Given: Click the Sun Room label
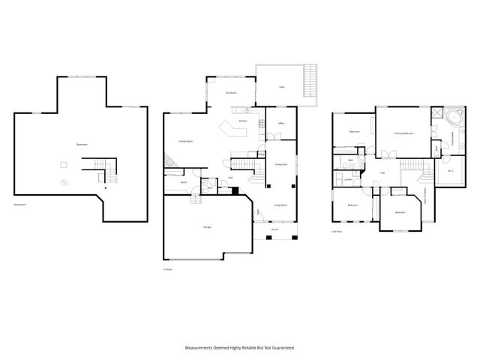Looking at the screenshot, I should coord(232,92).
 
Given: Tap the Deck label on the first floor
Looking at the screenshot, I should coord(281,87).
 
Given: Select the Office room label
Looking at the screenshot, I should coord(280,123).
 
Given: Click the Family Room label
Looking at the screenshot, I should coord(185,141).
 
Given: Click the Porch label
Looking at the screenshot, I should coord(275,229).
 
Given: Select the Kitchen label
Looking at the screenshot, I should coord(243,121).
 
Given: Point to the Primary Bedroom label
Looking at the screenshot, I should coord(404,133).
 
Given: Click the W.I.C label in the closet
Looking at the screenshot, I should coord(451,170).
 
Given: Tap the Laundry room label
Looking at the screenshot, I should coord(348,180).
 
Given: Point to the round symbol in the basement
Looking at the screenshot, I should coord(65,181).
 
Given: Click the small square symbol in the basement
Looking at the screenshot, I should coord(64,163).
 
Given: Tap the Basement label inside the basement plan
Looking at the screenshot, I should coord(82,144).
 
